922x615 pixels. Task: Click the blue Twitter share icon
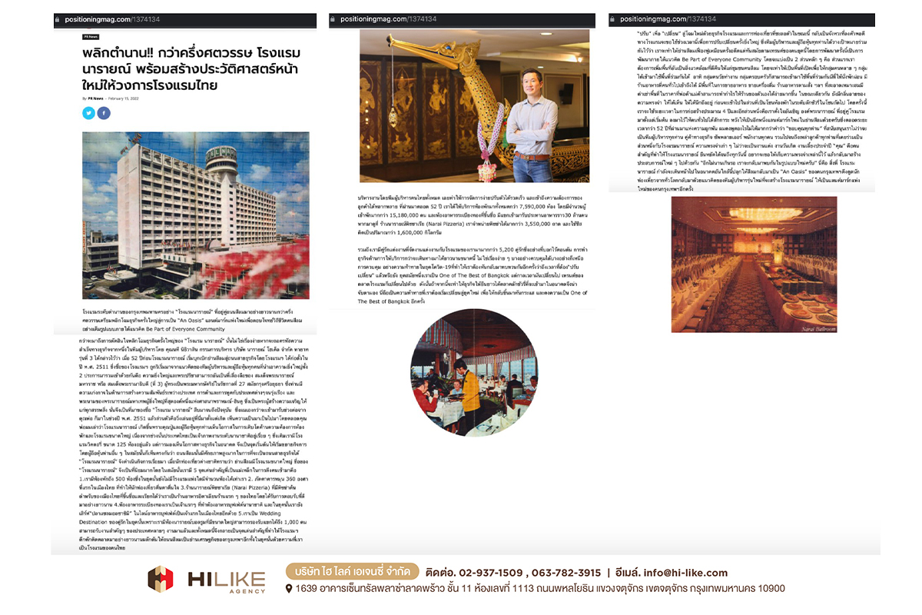(x=88, y=113)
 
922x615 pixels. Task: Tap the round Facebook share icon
(x=104, y=113)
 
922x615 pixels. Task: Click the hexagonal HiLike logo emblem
(x=161, y=579)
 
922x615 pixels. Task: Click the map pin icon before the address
(x=288, y=589)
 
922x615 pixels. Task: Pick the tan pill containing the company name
(x=353, y=572)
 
